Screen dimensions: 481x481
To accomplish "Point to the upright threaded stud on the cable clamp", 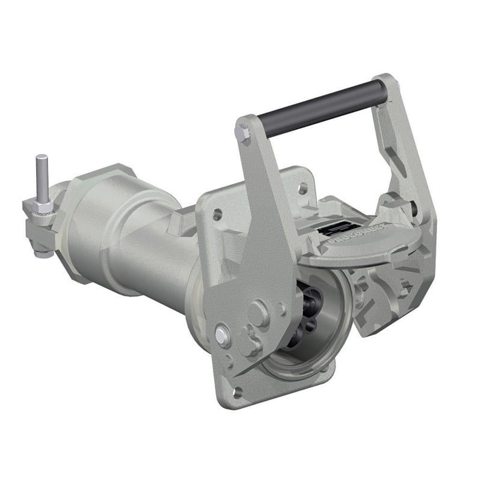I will pyautogui.click(x=41, y=177).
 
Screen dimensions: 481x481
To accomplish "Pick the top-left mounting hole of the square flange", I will pyautogui.click(x=217, y=213).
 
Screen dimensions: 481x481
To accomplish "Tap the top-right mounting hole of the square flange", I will pyautogui.click(x=302, y=188).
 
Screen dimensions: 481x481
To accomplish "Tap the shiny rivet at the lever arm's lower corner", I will pyautogui.click(x=222, y=334).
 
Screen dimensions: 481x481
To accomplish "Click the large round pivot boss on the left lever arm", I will pyautogui.click(x=259, y=313).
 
